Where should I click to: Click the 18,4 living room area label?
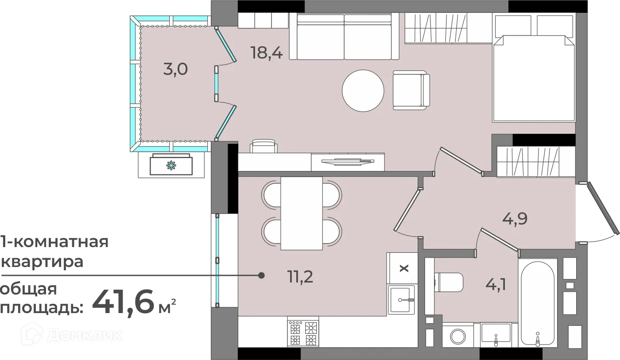pyautogui.click(x=267, y=53)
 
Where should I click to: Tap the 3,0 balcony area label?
pyautogui.click(x=175, y=69)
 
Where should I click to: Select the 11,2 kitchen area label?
pyautogui.click(x=300, y=277)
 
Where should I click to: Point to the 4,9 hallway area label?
pyautogui.click(x=515, y=219)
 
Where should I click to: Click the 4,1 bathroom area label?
pyautogui.click(x=496, y=284)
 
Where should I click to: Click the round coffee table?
pyautogui.click(x=363, y=91)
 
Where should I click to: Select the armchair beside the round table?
pyautogui.click(x=411, y=90)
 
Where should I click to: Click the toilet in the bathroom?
pyautogui.click(x=449, y=282)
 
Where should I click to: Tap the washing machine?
pyautogui.click(x=458, y=335)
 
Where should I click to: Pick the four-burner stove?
pyautogui.click(x=303, y=333)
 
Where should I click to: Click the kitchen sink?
pyautogui.click(x=401, y=300)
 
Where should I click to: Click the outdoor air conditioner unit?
pyautogui.click(x=171, y=165)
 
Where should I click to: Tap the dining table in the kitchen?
pyautogui.click(x=302, y=213)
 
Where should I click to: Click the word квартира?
pyautogui.click(x=42, y=262)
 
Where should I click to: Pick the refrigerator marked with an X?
pyautogui.click(x=402, y=268)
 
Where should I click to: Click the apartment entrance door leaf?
pyautogui.click(x=604, y=208)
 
